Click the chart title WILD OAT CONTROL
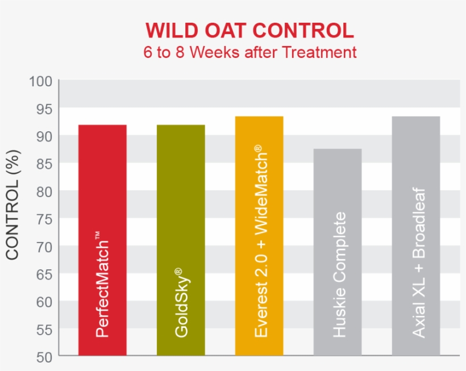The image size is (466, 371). [x=249, y=30]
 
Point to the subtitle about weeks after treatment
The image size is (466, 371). [x=249, y=52]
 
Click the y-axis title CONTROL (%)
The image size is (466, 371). [x=13, y=205]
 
